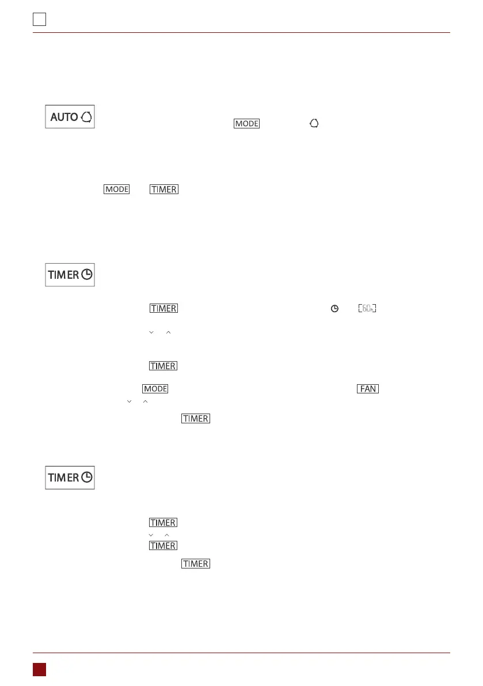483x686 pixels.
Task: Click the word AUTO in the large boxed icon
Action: [64, 117]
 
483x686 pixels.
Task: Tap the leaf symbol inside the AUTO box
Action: [87, 117]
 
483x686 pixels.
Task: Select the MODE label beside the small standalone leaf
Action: [246, 123]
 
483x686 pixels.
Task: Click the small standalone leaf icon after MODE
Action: [314, 123]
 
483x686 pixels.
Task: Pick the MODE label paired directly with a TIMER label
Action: [116, 189]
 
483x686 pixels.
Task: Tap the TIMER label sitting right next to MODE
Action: [164, 189]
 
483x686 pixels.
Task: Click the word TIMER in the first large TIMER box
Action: [63, 275]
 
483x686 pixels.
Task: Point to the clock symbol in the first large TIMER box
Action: [87, 275]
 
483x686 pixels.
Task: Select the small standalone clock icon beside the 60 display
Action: [333, 309]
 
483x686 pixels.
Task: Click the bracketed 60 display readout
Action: [367, 309]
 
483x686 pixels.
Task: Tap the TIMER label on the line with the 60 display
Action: [163, 309]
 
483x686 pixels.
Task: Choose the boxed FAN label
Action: [368, 389]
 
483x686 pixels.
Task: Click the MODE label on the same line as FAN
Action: [155, 389]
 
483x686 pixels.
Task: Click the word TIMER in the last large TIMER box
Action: [63, 477]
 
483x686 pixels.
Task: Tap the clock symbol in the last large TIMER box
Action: [87, 477]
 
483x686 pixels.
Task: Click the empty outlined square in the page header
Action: [39, 20]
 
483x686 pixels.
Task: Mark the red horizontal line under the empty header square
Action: [241, 33]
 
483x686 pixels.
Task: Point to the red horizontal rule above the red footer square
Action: [241, 653]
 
